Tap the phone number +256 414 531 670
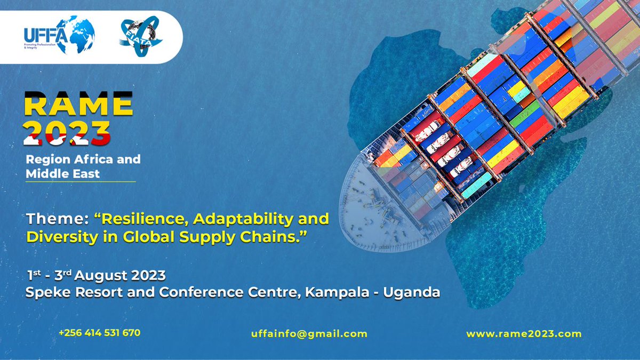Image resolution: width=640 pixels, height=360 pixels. click(x=99, y=333)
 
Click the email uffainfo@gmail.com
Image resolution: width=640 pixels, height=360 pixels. click(x=309, y=334)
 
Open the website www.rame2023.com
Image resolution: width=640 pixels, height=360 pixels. click(x=524, y=334)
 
